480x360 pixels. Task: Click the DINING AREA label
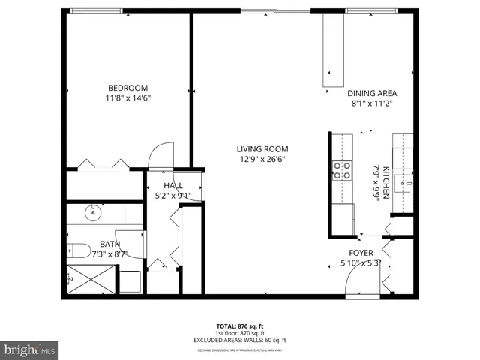[371, 93]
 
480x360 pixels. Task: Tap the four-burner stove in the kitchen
[342, 170]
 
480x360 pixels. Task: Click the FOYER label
[362, 253]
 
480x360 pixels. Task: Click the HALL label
[173, 185]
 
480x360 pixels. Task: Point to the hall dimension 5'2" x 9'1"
[173, 196]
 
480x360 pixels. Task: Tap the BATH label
[109, 244]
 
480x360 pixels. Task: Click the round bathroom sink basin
[94, 213]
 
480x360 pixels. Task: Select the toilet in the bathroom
[79, 249]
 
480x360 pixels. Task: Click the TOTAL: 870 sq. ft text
[240, 326]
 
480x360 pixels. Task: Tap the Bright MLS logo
[30, 349]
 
